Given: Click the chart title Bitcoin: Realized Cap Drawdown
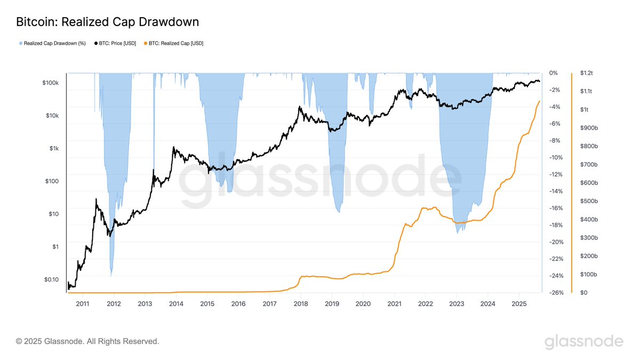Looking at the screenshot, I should pos(107,22).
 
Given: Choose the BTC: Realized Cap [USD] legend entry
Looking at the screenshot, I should pos(173,43).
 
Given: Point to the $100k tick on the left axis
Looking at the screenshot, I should pos(54,83).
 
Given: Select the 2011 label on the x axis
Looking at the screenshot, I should pos(82,303).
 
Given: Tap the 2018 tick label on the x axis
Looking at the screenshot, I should pos(301,303).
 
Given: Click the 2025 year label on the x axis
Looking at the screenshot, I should pos(519,303).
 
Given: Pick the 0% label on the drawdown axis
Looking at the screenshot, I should pos(554,73).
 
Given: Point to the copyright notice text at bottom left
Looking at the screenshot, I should pos(87,341).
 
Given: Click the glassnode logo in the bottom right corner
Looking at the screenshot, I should pos(583,341).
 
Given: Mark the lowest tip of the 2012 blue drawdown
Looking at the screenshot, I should pos(111,276).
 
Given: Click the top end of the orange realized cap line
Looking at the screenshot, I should pos(540,101).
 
